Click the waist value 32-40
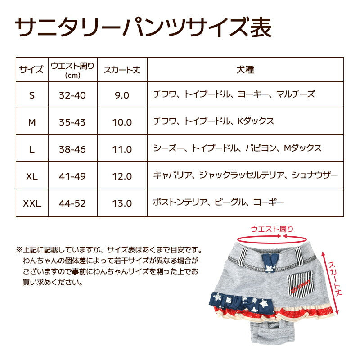pyautogui.click(x=72, y=95)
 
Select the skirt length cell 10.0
pyautogui.click(x=122, y=122)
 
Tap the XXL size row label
pyautogui.click(x=32, y=203)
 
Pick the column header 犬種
pyautogui.click(x=245, y=70)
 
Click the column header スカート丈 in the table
pyautogui.click(x=122, y=70)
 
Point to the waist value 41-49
pyautogui.click(x=72, y=176)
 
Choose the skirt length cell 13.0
pyautogui.click(x=122, y=203)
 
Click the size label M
pyautogui.click(x=32, y=122)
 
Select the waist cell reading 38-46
pyautogui.click(x=72, y=149)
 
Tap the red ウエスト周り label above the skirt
pyautogui.click(x=272, y=229)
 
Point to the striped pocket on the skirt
pyautogui.click(x=300, y=284)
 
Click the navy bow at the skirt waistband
pyautogui.click(x=270, y=262)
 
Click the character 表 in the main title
pyautogui.click(x=261, y=28)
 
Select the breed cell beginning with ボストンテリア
pyautogui.click(x=219, y=202)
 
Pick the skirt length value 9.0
pyautogui.click(x=122, y=95)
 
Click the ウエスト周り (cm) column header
pyautogui.click(x=72, y=70)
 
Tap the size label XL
pyautogui.click(x=32, y=176)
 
